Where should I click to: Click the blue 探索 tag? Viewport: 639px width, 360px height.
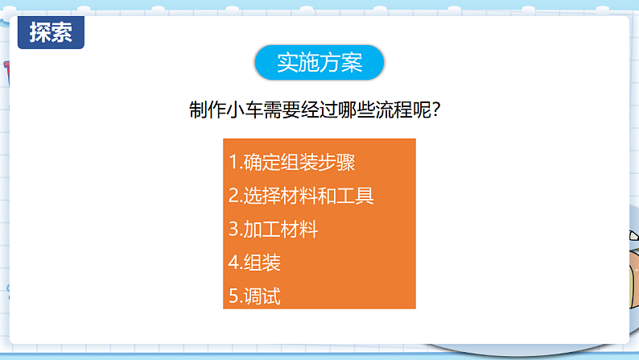coord(51,32)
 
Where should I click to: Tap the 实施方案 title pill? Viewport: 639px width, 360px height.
coord(319,62)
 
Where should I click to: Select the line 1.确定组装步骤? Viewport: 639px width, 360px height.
coord(292,161)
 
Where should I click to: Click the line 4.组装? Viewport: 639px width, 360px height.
coord(254,263)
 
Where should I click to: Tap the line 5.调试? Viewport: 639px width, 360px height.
coord(254,296)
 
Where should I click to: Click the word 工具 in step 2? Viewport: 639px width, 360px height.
coord(355,195)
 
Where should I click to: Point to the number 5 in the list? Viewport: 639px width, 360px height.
coord(233,296)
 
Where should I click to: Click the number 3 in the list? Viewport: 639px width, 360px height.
coord(233,230)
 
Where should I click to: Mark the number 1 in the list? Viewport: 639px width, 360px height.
coord(233,161)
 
